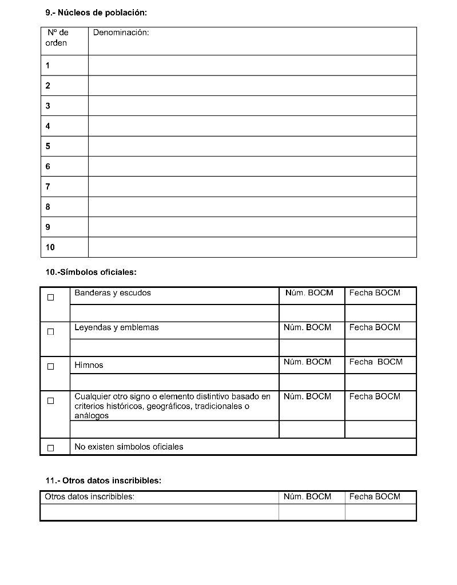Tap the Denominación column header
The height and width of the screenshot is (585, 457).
pyautogui.click(x=121, y=33)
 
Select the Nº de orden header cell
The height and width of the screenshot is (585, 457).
pyautogui.click(x=57, y=38)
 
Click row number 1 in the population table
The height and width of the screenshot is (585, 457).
pyautogui.click(x=48, y=66)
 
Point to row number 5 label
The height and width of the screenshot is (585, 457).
pyautogui.click(x=48, y=146)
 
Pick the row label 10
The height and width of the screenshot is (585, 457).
pyautogui.click(x=50, y=247)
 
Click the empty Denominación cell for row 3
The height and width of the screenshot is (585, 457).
pyautogui.click(x=252, y=106)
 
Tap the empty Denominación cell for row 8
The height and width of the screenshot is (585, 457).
pyautogui.click(x=252, y=207)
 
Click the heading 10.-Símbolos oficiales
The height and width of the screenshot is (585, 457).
pyautogui.click(x=91, y=273)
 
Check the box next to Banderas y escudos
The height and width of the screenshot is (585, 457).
pyautogui.click(x=51, y=297)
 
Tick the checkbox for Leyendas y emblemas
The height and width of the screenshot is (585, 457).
pyautogui.click(x=51, y=331)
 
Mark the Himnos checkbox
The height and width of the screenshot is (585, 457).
pyautogui.click(x=51, y=366)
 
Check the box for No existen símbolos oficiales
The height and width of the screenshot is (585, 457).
pyautogui.click(x=51, y=448)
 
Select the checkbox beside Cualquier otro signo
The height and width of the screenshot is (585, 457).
pyautogui.click(x=51, y=401)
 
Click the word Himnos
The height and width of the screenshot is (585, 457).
pyautogui.click(x=89, y=365)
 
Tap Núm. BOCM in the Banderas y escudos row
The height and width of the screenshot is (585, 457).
pyautogui.click(x=309, y=293)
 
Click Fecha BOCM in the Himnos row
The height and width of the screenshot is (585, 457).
pyautogui.click(x=376, y=362)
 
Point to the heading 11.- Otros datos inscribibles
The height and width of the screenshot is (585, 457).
pyautogui.click(x=104, y=480)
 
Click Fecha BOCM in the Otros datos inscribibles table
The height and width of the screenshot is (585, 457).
pyautogui.click(x=375, y=496)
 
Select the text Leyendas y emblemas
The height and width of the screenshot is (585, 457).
pyautogui.click(x=117, y=327)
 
